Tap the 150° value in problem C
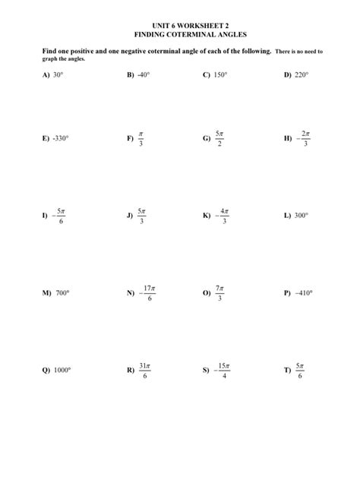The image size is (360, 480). point(220,77)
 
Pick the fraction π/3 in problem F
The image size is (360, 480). point(141,140)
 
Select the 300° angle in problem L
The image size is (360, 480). point(301,216)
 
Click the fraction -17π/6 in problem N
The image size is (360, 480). point(147,292)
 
